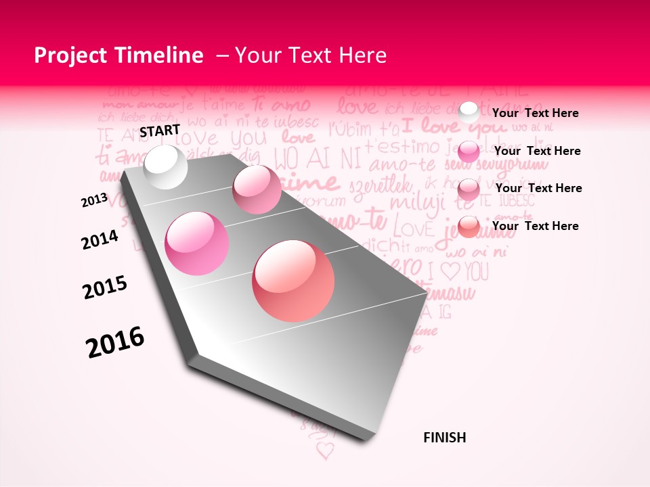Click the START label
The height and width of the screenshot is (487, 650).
click(160, 131)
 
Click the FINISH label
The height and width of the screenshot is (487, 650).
click(444, 438)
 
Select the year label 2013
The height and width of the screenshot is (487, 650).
click(94, 201)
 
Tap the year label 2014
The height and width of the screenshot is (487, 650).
click(100, 240)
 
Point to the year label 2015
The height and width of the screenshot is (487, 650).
click(105, 287)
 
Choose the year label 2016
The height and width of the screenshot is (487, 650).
click(115, 342)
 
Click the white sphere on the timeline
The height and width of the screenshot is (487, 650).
click(166, 167)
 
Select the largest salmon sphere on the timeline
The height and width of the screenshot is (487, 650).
click(293, 281)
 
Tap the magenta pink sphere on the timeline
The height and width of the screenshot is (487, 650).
click(197, 243)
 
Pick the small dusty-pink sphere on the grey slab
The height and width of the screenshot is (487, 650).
click(257, 189)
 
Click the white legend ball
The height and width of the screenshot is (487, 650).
click(469, 113)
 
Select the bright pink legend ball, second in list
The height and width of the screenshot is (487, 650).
click(469, 152)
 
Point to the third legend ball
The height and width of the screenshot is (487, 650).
click(469, 189)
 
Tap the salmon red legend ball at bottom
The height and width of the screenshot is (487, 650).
click(469, 227)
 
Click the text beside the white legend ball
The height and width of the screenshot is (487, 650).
click(535, 113)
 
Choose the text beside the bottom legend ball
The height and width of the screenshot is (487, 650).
click(535, 226)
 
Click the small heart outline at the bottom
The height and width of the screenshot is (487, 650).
click(326, 450)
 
